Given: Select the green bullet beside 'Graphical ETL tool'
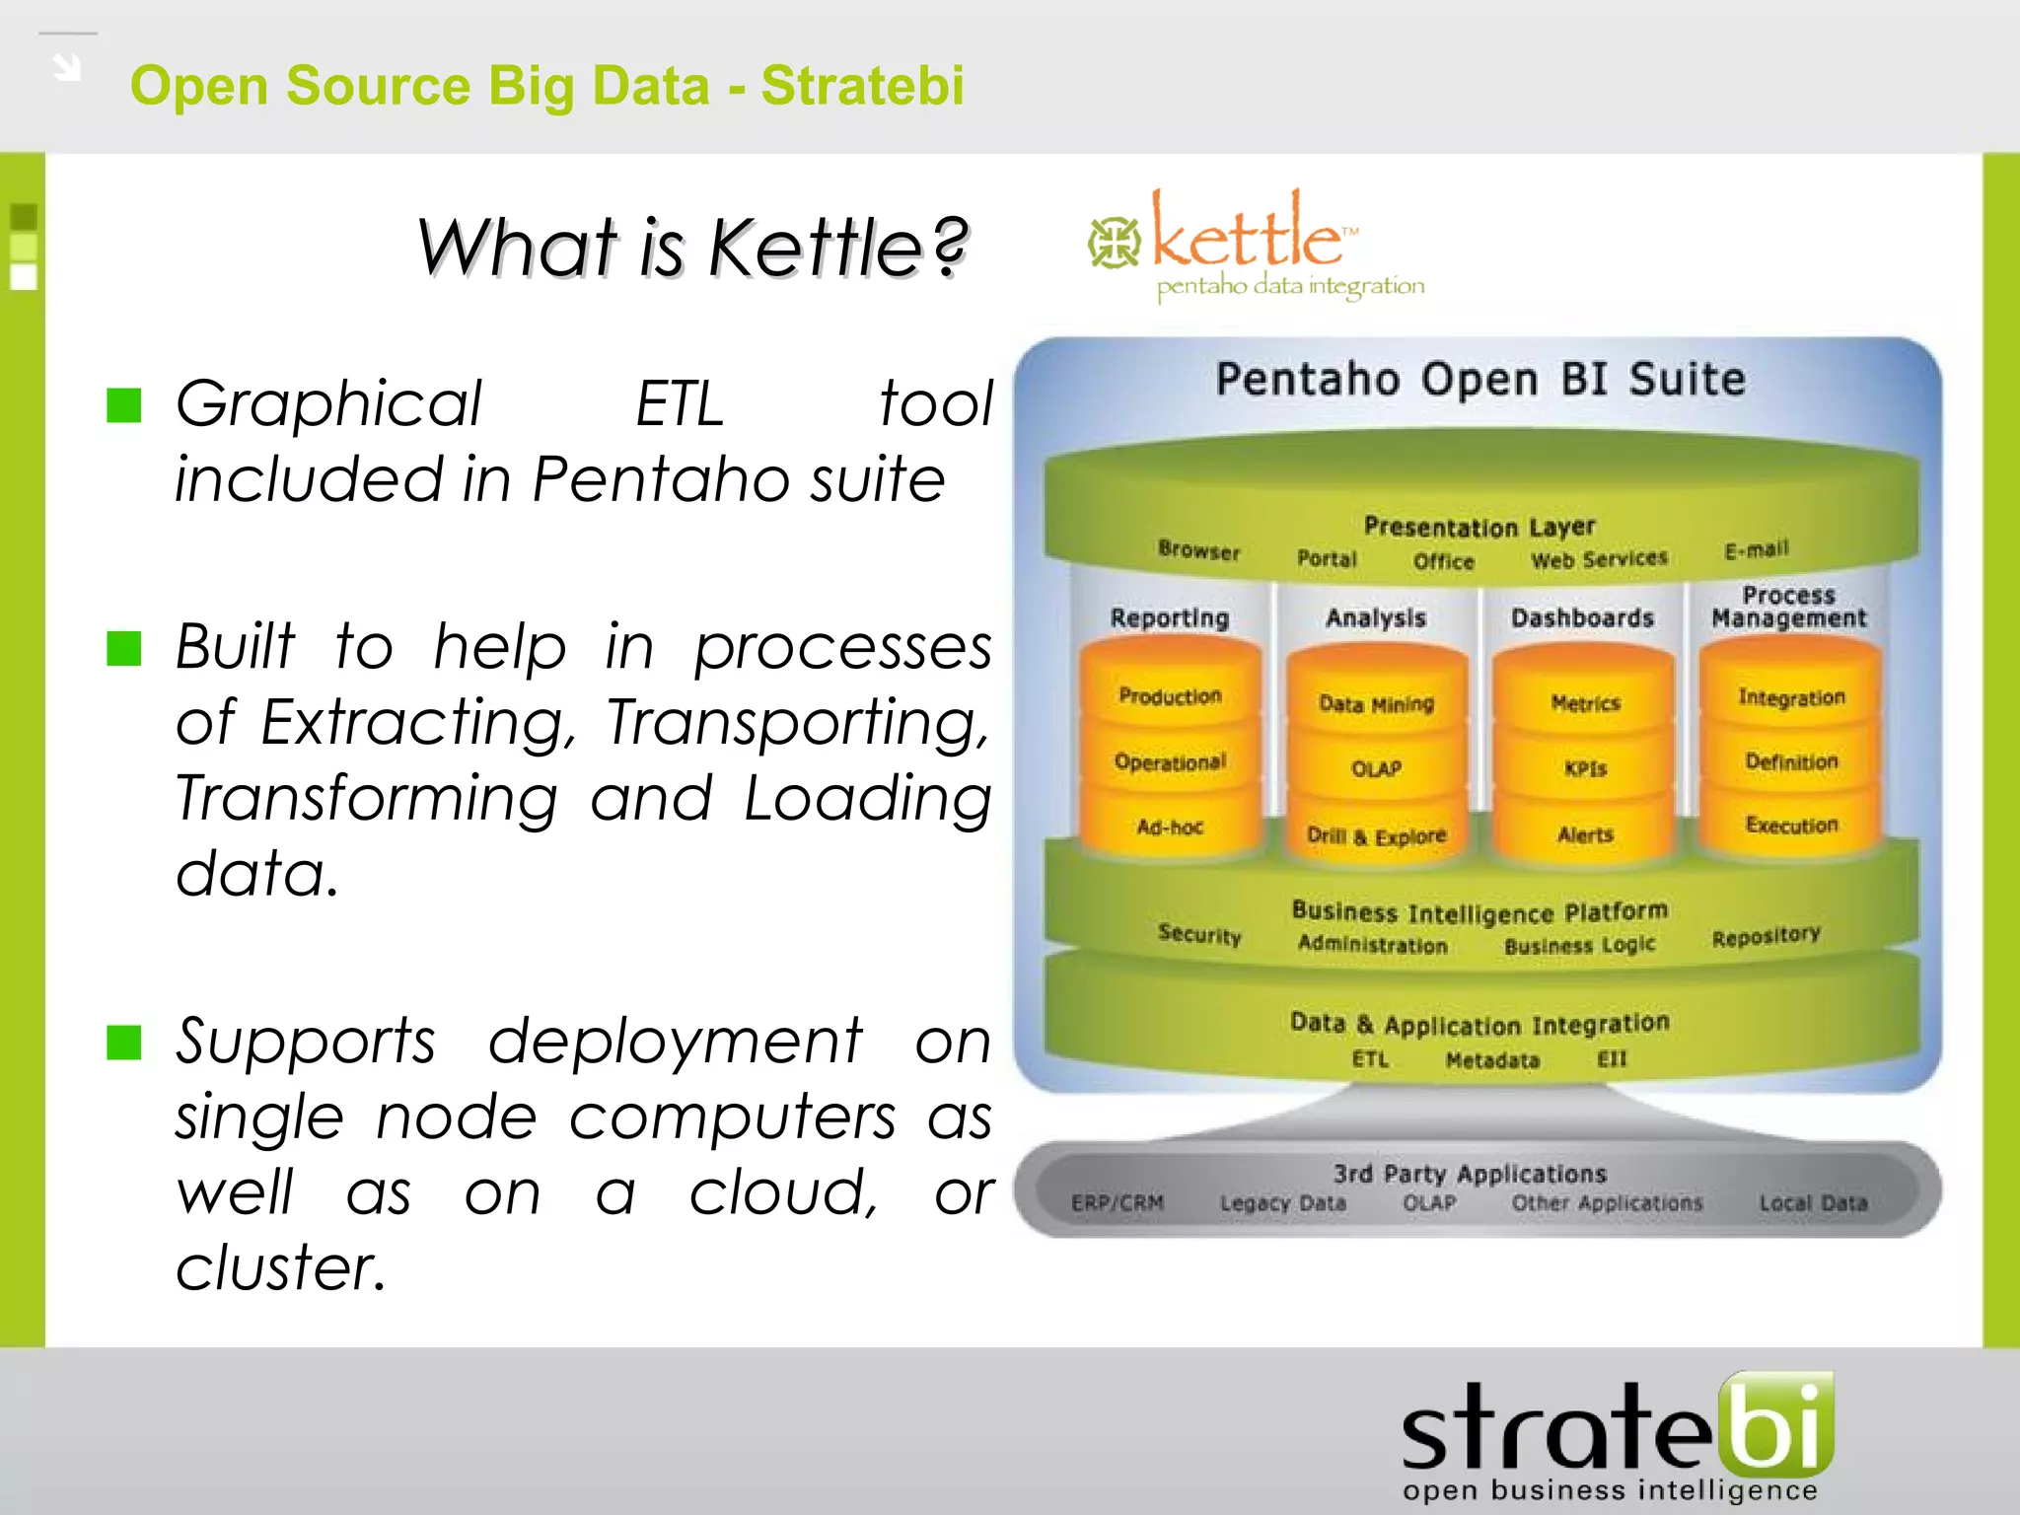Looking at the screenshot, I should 124,404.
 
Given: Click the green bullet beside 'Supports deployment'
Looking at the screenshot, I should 124,1042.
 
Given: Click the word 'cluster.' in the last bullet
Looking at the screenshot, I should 281,1267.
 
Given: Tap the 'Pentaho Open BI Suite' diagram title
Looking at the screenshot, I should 1479,380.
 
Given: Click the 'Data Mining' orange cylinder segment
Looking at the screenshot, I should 1376,704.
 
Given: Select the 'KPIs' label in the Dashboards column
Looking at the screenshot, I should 1585,768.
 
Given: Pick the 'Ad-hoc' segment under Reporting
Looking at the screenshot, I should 1170,828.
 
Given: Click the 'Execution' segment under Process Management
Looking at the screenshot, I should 1791,826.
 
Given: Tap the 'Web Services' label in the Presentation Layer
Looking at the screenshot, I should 1599,560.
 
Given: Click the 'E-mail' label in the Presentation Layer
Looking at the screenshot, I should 1756,549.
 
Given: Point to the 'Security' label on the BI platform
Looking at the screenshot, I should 1199,934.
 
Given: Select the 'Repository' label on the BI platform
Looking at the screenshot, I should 1766,936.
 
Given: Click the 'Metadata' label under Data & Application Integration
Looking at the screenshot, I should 1492,1060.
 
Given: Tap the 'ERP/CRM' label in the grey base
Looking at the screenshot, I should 1118,1203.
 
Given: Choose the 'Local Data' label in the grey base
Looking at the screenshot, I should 1813,1203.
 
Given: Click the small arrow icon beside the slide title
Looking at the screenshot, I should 67,67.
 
